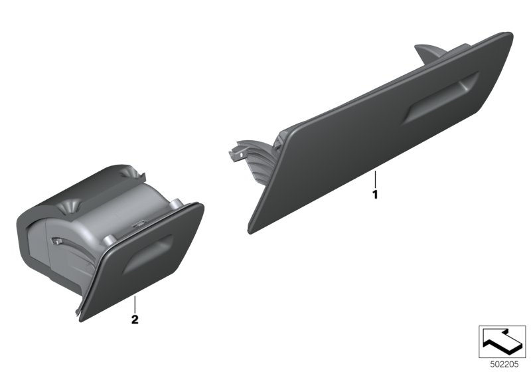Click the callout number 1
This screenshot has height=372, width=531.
coord(375,195)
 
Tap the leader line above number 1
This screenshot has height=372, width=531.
coord(375,179)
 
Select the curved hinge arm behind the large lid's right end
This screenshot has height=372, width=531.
coord(427,53)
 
